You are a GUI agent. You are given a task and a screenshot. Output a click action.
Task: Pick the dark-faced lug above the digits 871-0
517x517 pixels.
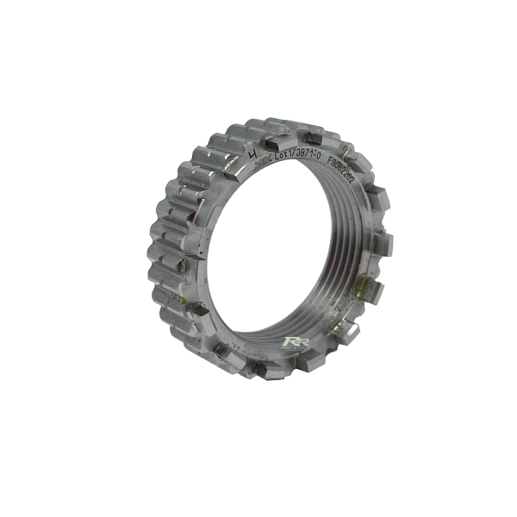coord(312,136)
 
